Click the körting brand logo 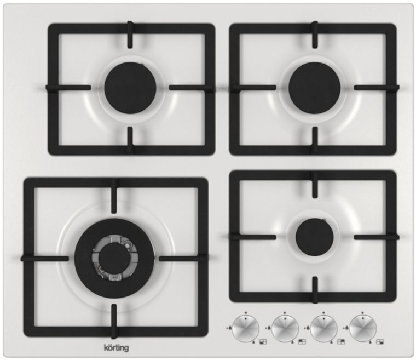115,348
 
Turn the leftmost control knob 246,328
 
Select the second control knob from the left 285,328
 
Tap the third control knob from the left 323,328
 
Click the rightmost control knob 363,328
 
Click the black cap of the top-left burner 130,88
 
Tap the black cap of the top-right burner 314,88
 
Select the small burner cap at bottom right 314,237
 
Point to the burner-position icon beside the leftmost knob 263,342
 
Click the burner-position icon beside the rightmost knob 380,342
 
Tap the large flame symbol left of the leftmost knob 229,328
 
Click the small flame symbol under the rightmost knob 371,342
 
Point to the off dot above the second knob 285,313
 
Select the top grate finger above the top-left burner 130,35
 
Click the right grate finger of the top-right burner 377,88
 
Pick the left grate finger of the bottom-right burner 253,237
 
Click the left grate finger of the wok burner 44,259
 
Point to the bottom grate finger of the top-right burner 315,140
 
